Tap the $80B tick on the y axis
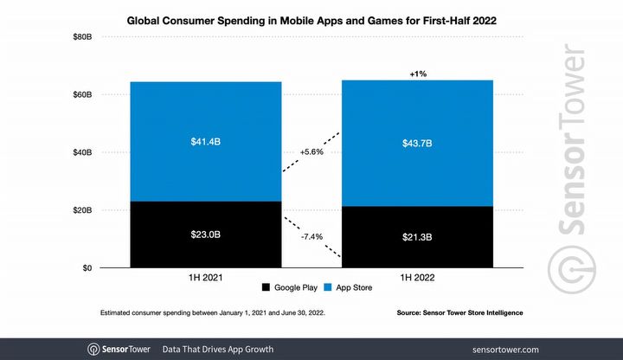[82, 36]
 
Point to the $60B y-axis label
[82, 94]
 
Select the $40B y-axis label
[82, 152]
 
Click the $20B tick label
[82, 210]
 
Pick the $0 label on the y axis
[87, 268]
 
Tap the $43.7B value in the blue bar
[419, 143]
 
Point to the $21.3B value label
[419, 237]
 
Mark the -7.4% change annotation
[309, 235]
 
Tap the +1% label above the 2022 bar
[419, 74]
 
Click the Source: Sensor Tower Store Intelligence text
[459, 312]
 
